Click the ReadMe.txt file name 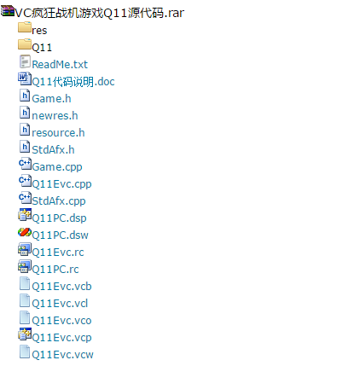point(60,65)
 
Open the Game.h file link point(51,99)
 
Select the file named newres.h point(55,116)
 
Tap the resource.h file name point(58,133)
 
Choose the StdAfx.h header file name point(53,150)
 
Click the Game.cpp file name point(57,167)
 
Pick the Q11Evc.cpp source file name point(61,184)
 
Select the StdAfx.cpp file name point(59,201)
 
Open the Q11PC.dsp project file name point(59,218)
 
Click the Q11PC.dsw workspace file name point(60,235)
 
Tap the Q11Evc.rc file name point(58,253)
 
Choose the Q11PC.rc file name point(55,270)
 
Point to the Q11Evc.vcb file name point(61,287)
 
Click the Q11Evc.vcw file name point(62,355)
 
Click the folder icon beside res point(25,27)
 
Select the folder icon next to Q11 point(25,44)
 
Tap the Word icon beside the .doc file point(25,78)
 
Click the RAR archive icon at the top point(8,10)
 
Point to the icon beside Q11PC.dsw point(25,232)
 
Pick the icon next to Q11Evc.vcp point(25,334)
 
